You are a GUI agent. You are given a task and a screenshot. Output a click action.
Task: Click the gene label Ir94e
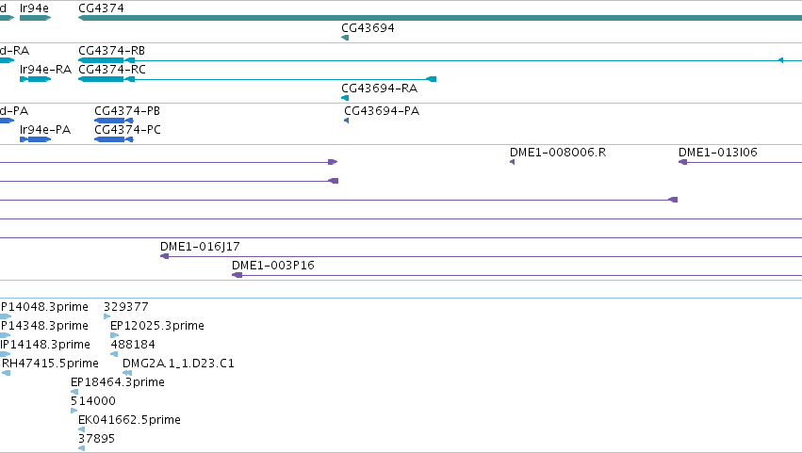click(34, 8)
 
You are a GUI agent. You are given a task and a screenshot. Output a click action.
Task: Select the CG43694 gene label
click(368, 28)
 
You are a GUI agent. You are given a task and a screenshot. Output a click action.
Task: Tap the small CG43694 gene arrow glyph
click(345, 38)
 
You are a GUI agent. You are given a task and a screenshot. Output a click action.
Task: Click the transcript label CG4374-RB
click(111, 51)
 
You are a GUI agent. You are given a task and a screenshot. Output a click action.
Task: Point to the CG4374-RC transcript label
click(112, 70)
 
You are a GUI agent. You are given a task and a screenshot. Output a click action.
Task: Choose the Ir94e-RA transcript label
click(45, 70)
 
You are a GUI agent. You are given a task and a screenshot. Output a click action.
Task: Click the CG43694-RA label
click(380, 89)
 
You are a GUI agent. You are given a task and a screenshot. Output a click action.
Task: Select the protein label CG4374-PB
click(127, 111)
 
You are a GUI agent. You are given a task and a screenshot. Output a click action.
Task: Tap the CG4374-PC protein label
click(127, 130)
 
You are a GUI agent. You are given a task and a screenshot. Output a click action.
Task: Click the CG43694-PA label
click(382, 111)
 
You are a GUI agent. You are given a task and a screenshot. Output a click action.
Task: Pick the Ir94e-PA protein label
click(45, 130)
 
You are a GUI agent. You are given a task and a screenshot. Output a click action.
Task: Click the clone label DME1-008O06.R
click(558, 153)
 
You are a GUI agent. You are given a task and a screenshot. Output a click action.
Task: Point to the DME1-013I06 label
click(717, 153)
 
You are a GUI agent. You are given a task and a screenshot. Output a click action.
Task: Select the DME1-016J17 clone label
click(200, 247)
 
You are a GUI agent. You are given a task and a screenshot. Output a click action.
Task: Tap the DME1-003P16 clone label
click(273, 266)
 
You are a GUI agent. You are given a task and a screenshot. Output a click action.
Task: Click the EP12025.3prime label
click(157, 326)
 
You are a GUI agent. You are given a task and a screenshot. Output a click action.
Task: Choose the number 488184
click(133, 345)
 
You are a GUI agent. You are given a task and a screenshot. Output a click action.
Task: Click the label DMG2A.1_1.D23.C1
click(178, 364)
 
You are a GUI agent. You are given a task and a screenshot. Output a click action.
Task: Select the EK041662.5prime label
click(129, 420)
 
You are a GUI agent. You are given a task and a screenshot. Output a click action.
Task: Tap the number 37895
click(96, 439)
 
